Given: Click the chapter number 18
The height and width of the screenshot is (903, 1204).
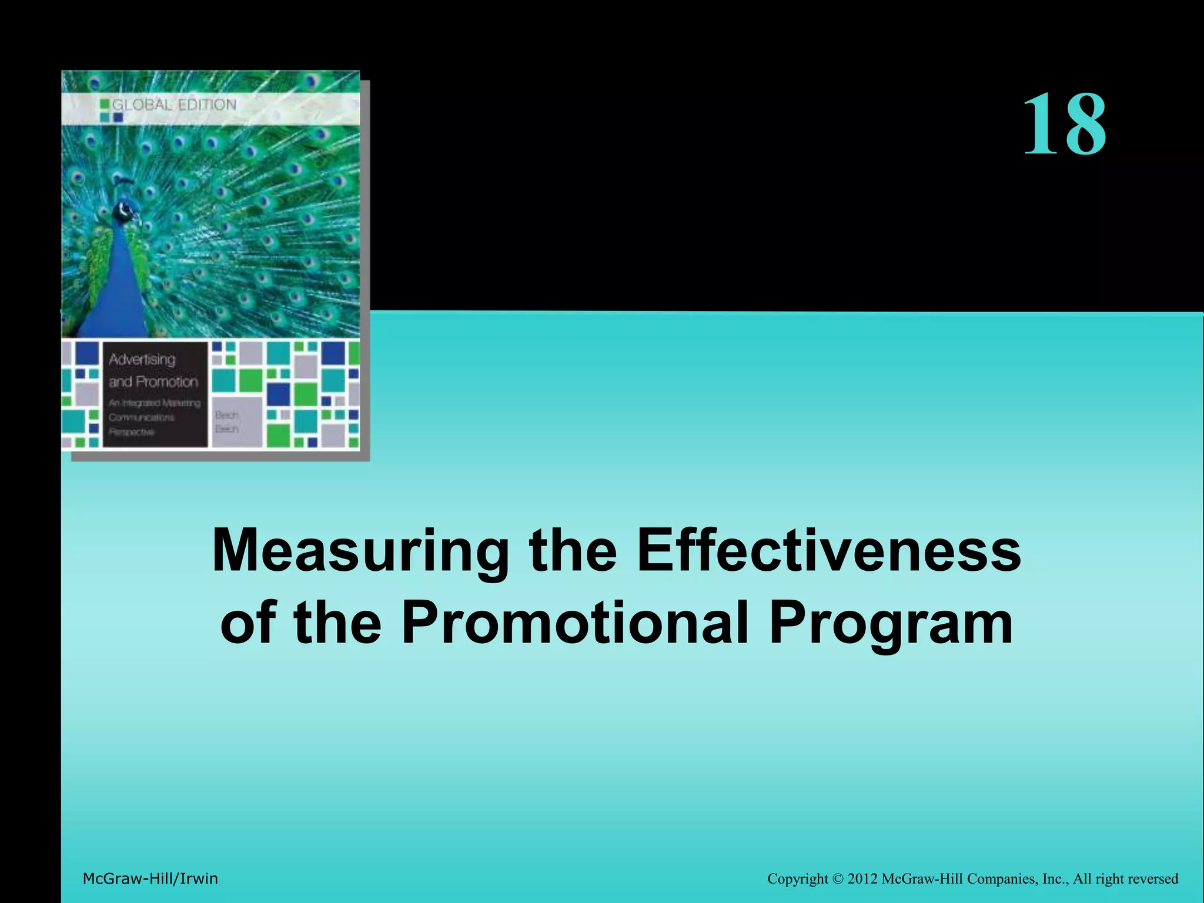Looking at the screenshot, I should pos(1065,125).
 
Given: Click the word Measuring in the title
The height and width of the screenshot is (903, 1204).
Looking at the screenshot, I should pos(360,551).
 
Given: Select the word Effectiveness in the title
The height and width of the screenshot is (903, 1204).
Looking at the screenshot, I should pos(829,551).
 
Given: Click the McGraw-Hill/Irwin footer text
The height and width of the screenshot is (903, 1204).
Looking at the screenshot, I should pos(150,879).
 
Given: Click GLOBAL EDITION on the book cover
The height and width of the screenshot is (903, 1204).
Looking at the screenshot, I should pos(174,105).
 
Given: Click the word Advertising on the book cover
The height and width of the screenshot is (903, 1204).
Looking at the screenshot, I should pos(142,359).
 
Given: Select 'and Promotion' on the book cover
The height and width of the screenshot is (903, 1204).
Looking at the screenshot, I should pos(153,382).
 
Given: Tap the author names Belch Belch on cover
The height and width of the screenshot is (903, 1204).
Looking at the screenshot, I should pos(227,422).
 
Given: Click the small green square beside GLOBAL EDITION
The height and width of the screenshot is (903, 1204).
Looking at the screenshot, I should pos(105,105).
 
